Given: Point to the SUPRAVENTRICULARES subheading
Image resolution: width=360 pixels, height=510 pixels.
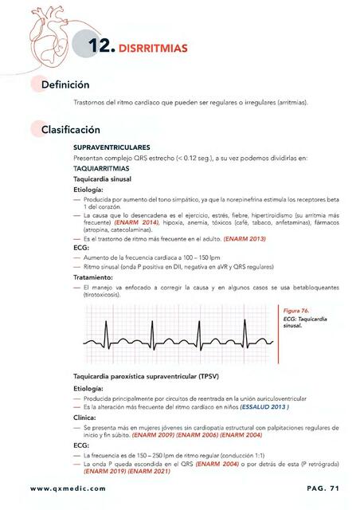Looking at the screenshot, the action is (112, 148).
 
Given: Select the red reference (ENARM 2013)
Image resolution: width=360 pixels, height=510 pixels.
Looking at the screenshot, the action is (245, 239).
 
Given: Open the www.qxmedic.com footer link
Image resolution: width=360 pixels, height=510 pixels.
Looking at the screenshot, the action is (67, 488).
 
